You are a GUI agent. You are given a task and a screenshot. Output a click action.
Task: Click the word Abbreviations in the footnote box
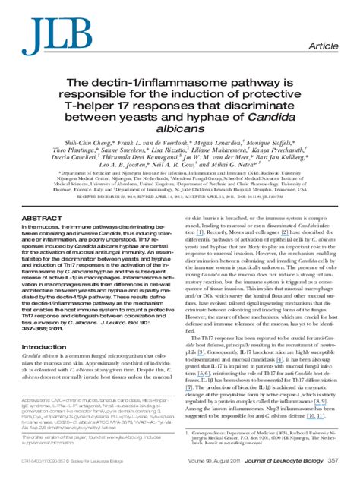point(40,401)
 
